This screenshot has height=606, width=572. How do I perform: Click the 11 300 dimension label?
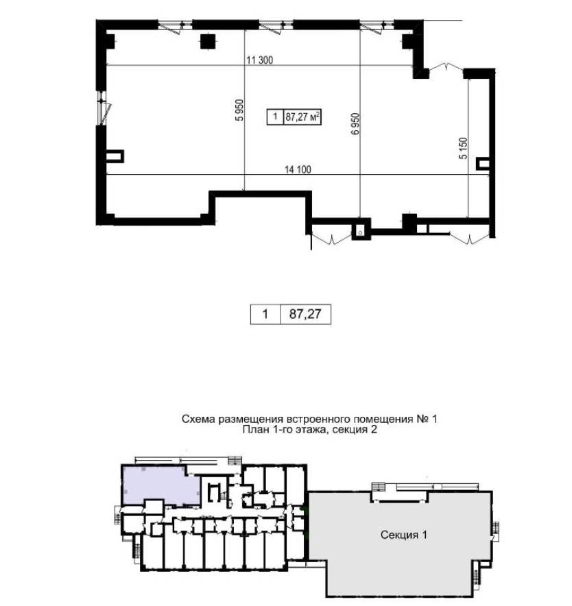click(259, 60)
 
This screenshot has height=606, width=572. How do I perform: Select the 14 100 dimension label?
click(298, 169)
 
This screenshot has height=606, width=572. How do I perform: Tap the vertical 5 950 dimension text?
click(240, 110)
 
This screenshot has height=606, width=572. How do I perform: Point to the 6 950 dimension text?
click(355, 123)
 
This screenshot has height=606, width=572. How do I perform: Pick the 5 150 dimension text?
click(463, 148)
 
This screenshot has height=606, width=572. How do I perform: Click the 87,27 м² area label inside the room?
click(302, 117)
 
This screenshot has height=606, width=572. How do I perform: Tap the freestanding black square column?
click(208, 42)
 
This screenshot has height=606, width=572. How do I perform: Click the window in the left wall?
click(103, 108)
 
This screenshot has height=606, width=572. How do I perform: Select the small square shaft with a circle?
click(361, 231)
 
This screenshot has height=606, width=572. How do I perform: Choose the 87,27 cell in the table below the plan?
click(305, 314)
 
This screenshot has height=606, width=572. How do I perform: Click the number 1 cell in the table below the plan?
click(265, 314)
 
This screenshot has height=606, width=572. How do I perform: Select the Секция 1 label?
click(404, 535)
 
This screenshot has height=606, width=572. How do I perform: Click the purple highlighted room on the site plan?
click(160, 485)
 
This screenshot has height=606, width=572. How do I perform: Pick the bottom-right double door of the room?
click(469, 239)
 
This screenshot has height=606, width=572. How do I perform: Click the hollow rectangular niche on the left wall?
click(115, 156)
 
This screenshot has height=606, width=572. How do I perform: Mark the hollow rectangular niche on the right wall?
click(483, 163)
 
